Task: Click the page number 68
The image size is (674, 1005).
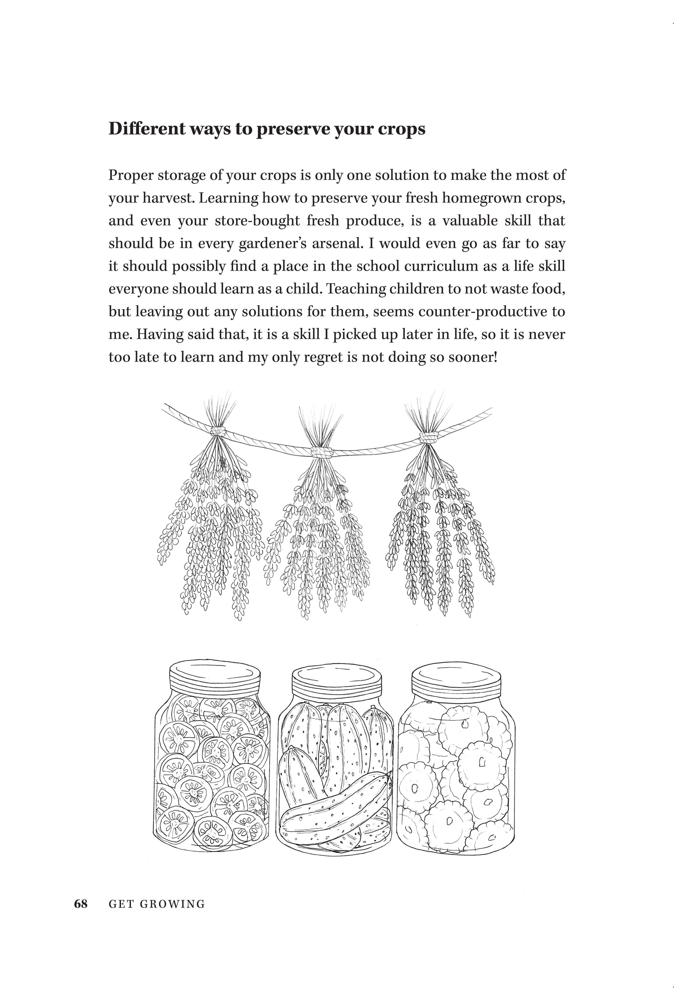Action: point(81,904)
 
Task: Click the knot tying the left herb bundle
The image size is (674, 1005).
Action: point(218,431)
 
